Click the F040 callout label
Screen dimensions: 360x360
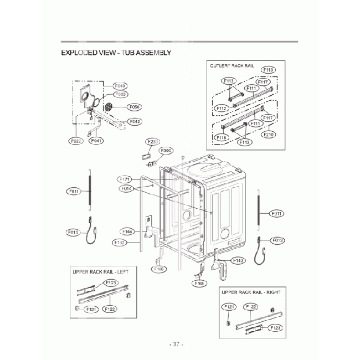point(120,86)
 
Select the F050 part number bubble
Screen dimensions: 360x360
point(134,107)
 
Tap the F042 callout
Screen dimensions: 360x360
point(135,121)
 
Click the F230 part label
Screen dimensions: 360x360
point(153,141)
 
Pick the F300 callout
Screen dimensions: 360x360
point(166,150)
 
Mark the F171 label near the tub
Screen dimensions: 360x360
point(125,179)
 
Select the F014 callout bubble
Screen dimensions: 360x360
point(125,188)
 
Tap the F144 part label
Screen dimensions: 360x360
point(127,232)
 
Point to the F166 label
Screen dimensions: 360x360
point(158,269)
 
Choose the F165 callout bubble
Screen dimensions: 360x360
point(199,283)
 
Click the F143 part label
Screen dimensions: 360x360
point(239,260)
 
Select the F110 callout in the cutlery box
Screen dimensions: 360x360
point(268,70)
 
